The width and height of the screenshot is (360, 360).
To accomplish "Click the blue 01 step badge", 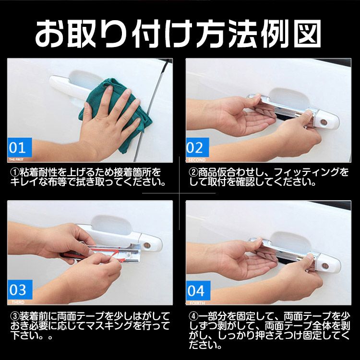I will point(20,146).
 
